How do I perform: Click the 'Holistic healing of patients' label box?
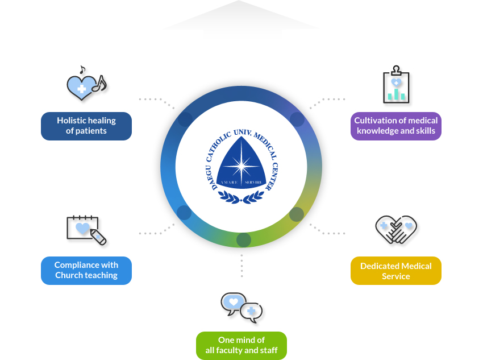click(x=86, y=126)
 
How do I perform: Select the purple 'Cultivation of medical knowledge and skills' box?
click(x=396, y=126)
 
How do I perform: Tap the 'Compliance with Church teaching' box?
click(x=86, y=270)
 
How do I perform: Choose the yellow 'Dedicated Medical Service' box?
click(x=396, y=270)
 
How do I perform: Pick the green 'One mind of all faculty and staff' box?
click(x=241, y=345)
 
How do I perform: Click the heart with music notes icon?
click(x=86, y=85)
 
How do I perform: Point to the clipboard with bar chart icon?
click(x=396, y=85)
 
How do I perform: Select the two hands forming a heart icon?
click(x=396, y=229)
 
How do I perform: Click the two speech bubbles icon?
click(x=241, y=307)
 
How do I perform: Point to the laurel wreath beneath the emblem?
click(x=241, y=197)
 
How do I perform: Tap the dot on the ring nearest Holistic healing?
click(x=185, y=119)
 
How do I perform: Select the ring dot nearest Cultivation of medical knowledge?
click(x=297, y=119)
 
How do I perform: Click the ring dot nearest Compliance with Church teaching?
click(x=184, y=213)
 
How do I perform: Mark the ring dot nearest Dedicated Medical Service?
click(x=297, y=214)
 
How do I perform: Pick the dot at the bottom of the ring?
click(x=243, y=239)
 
